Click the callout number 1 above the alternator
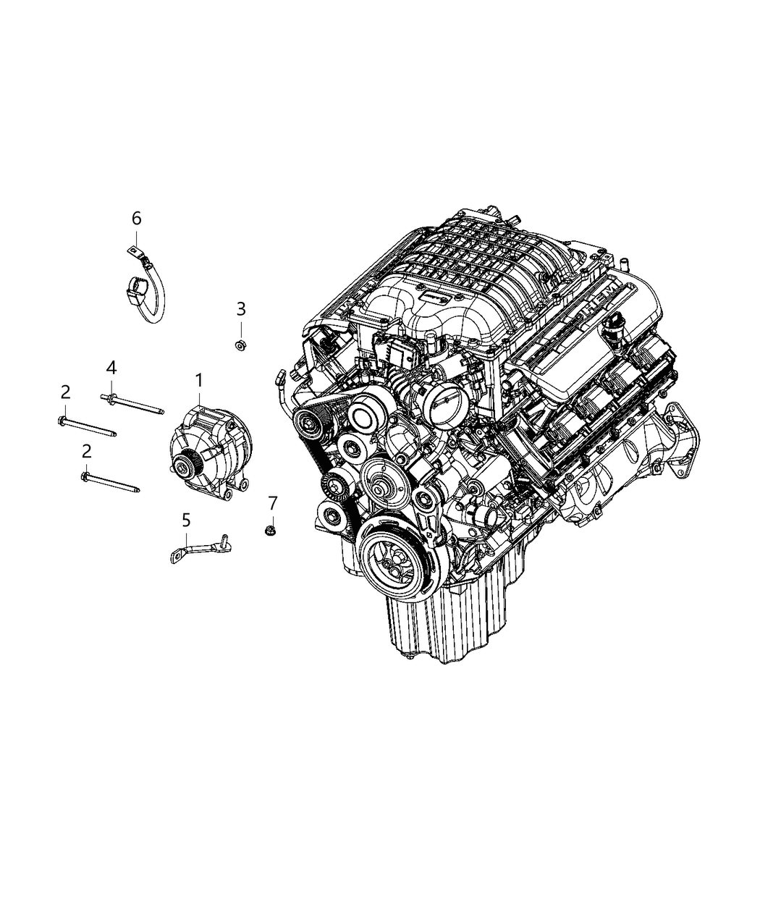pos(198,379)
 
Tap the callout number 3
pos(241,309)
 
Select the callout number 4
pos(111,368)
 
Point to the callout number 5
pos(186,519)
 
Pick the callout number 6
pos(136,218)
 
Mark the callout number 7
pos(273,502)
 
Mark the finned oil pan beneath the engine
pos(420,623)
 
